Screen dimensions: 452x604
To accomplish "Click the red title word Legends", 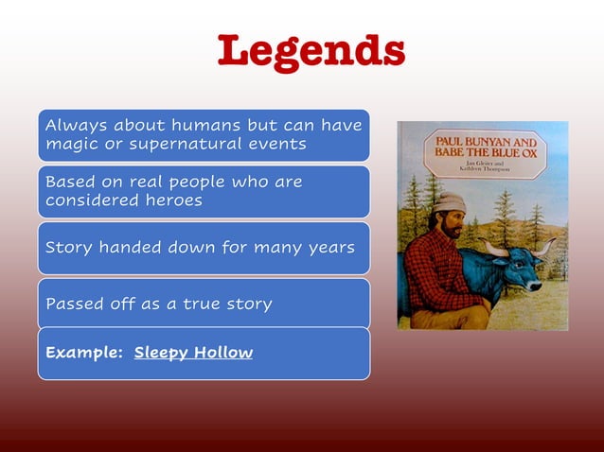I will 311,53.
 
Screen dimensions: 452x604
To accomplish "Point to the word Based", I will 67,182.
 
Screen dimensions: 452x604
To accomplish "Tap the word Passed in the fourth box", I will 73,304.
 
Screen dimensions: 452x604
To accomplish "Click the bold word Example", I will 82,353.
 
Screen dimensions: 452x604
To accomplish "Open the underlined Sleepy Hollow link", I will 193,353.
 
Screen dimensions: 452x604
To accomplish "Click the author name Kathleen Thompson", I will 484,169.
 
